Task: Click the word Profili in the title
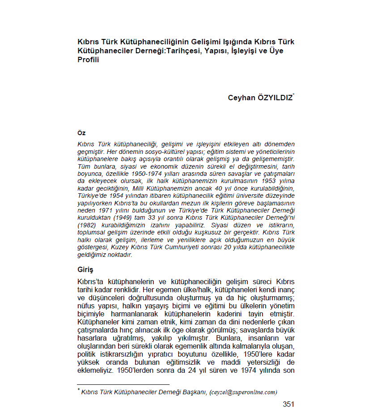tap(88, 60)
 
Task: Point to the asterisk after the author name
tap(293, 94)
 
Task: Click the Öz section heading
tap(81, 133)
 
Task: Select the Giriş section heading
tap(85, 270)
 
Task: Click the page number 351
tap(289, 404)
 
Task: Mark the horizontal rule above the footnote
tap(123, 384)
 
